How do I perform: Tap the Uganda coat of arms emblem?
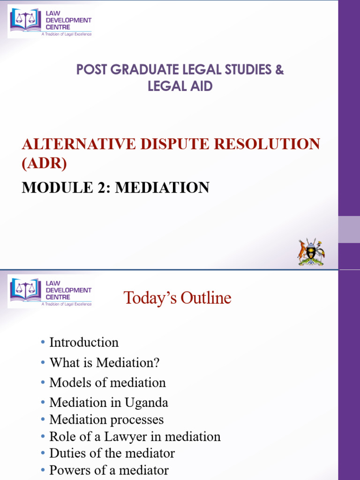click(x=311, y=252)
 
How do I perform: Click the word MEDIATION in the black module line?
click(x=162, y=187)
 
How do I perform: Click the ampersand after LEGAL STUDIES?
click(x=279, y=70)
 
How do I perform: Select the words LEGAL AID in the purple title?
click(x=180, y=86)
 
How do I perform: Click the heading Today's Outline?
click(x=177, y=298)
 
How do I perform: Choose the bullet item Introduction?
click(x=84, y=342)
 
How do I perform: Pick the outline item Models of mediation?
click(x=107, y=382)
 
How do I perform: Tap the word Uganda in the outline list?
click(x=150, y=403)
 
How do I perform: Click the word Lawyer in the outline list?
click(x=123, y=436)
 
